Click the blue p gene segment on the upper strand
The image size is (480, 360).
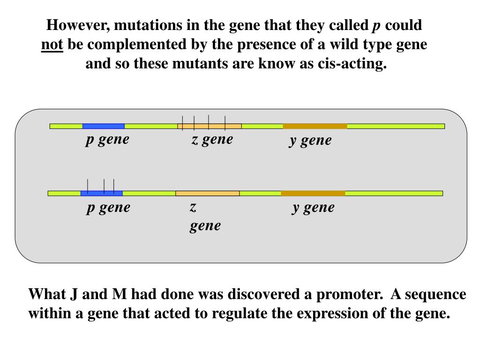coord(104,126)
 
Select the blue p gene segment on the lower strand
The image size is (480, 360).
coord(102,193)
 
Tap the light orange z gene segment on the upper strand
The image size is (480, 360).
coord(210,126)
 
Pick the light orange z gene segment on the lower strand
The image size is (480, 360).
coord(208,193)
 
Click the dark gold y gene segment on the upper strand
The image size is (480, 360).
coord(315,126)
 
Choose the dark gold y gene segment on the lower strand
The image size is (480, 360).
coord(313,193)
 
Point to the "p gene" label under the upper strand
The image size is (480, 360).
coord(107,139)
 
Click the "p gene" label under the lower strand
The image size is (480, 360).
coord(108,207)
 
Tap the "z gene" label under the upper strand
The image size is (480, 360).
coord(212,139)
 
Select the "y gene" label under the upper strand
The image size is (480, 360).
coord(310,140)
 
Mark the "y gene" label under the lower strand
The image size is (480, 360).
coord(313,207)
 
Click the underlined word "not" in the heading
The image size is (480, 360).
coord(52,45)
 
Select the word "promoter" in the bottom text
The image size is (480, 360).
coord(349,294)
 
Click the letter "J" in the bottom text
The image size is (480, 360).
coord(74,294)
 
